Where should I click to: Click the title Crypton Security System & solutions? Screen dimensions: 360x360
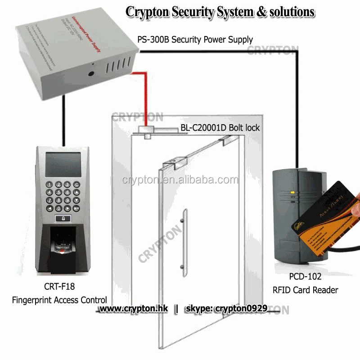pyautogui.click(x=220, y=12)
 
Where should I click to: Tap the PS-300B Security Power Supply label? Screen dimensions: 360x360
pyautogui.click(x=195, y=40)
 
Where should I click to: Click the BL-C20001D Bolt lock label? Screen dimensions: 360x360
pyautogui.click(x=220, y=128)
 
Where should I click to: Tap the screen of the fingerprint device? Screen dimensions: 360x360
pyautogui.click(x=63, y=164)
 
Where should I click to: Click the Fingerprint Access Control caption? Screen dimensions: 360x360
pyautogui.click(x=59, y=300)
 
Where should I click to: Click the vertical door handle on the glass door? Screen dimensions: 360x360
pyautogui.click(x=182, y=243)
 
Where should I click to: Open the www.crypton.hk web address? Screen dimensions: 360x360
pyautogui.click(x=133, y=309)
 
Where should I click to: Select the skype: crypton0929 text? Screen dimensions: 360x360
pyautogui.click(x=226, y=309)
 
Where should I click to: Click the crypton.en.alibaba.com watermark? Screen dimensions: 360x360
pyautogui.click(x=180, y=180)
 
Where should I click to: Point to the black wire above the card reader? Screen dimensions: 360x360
pyautogui.click(x=297, y=112)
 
